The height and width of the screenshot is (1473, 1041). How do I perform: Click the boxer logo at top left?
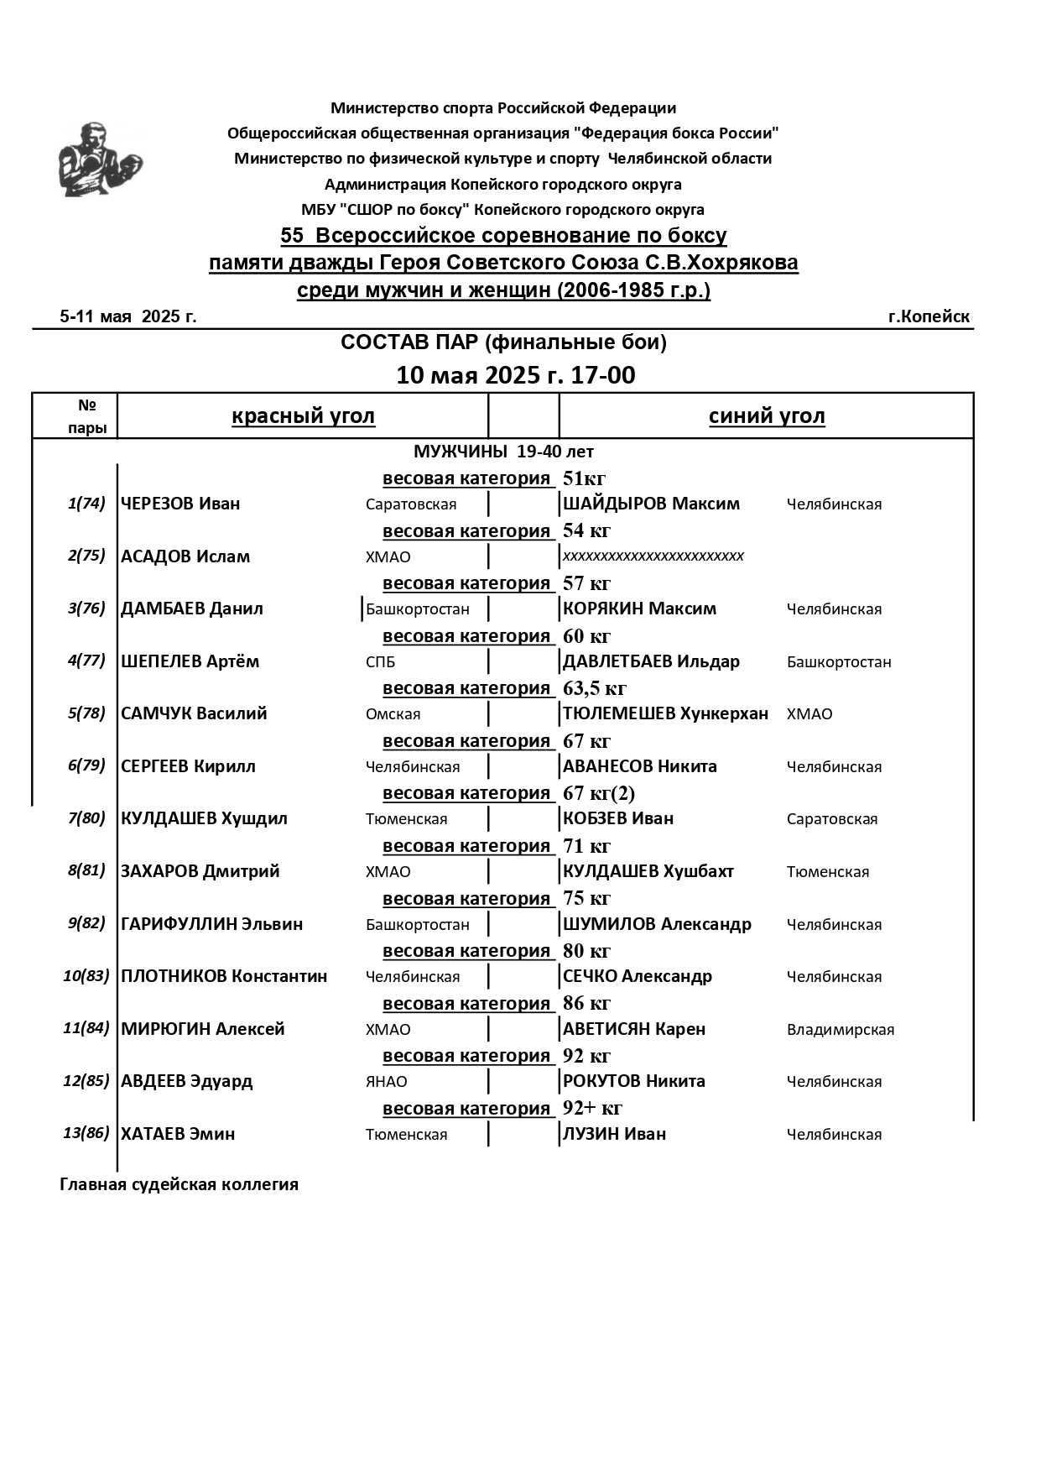click(x=99, y=159)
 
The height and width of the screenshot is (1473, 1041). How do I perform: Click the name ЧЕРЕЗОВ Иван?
click(x=180, y=504)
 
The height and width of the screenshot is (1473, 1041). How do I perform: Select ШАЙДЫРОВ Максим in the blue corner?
click(x=651, y=504)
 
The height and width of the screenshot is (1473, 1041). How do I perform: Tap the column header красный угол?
click(x=303, y=416)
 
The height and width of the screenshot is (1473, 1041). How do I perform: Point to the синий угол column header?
click(x=767, y=416)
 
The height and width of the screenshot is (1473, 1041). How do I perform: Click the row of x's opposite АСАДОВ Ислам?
click(x=653, y=556)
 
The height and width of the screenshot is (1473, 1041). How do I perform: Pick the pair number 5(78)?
click(x=86, y=713)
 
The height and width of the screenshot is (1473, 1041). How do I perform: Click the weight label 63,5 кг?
click(x=595, y=689)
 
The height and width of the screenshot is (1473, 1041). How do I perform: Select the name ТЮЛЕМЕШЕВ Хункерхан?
click(x=665, y=713)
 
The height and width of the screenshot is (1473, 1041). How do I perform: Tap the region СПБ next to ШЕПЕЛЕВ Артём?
click(x=380, y=662)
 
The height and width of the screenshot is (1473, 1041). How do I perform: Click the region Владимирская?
click(x=840, y=1030)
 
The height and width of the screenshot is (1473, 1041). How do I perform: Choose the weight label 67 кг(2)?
click(x=599, y=793)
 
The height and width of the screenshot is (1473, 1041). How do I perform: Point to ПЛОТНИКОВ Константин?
click(x=224, y=976)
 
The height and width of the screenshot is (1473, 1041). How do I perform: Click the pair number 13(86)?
click(x=86, y=1133)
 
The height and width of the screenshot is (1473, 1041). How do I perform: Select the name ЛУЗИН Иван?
click(x=614, y=1134)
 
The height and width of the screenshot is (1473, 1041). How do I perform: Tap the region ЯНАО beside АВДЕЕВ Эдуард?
click(x=386, y=1082)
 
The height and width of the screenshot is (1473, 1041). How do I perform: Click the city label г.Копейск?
click(x=929, y=316)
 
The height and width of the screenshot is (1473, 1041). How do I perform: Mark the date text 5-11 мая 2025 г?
click(x=128, y=316)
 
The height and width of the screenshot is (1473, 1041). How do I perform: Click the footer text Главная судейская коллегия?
click(x=179, y=1184)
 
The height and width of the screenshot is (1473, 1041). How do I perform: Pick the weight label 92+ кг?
click(x=592, y=1108)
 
